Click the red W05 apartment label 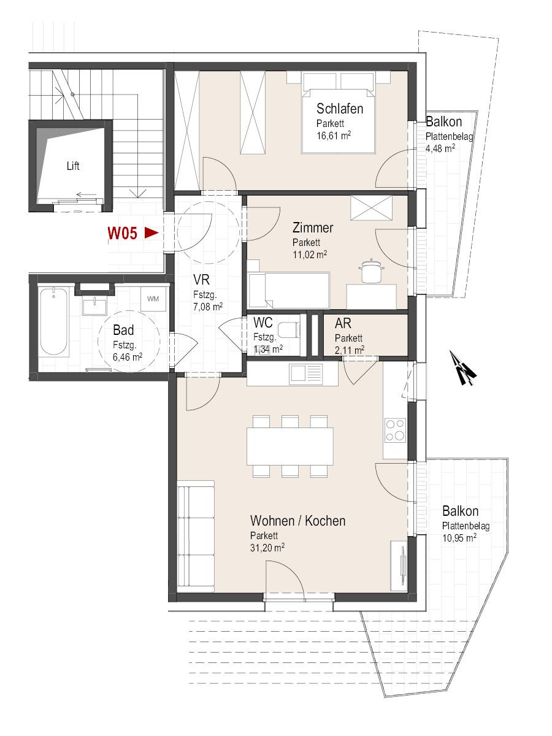click(122, 234)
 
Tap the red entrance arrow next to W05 click(151, 233)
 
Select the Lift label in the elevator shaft click(73, 166)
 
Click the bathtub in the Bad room click(53, 322)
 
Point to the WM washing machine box click(153, 299)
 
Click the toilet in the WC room click(289, 329)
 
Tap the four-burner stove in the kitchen click(396, 430)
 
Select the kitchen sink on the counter click(305, 375)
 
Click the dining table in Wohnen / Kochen click(290, 447)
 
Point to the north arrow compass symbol click(462, 368)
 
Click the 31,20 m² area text click(267, 558)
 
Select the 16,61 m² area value click(334, 135)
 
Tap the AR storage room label click(343, 324)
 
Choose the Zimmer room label click(313, 228)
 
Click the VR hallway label click(201, 280)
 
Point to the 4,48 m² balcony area click(440, 148)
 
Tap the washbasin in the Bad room click(95, 307)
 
